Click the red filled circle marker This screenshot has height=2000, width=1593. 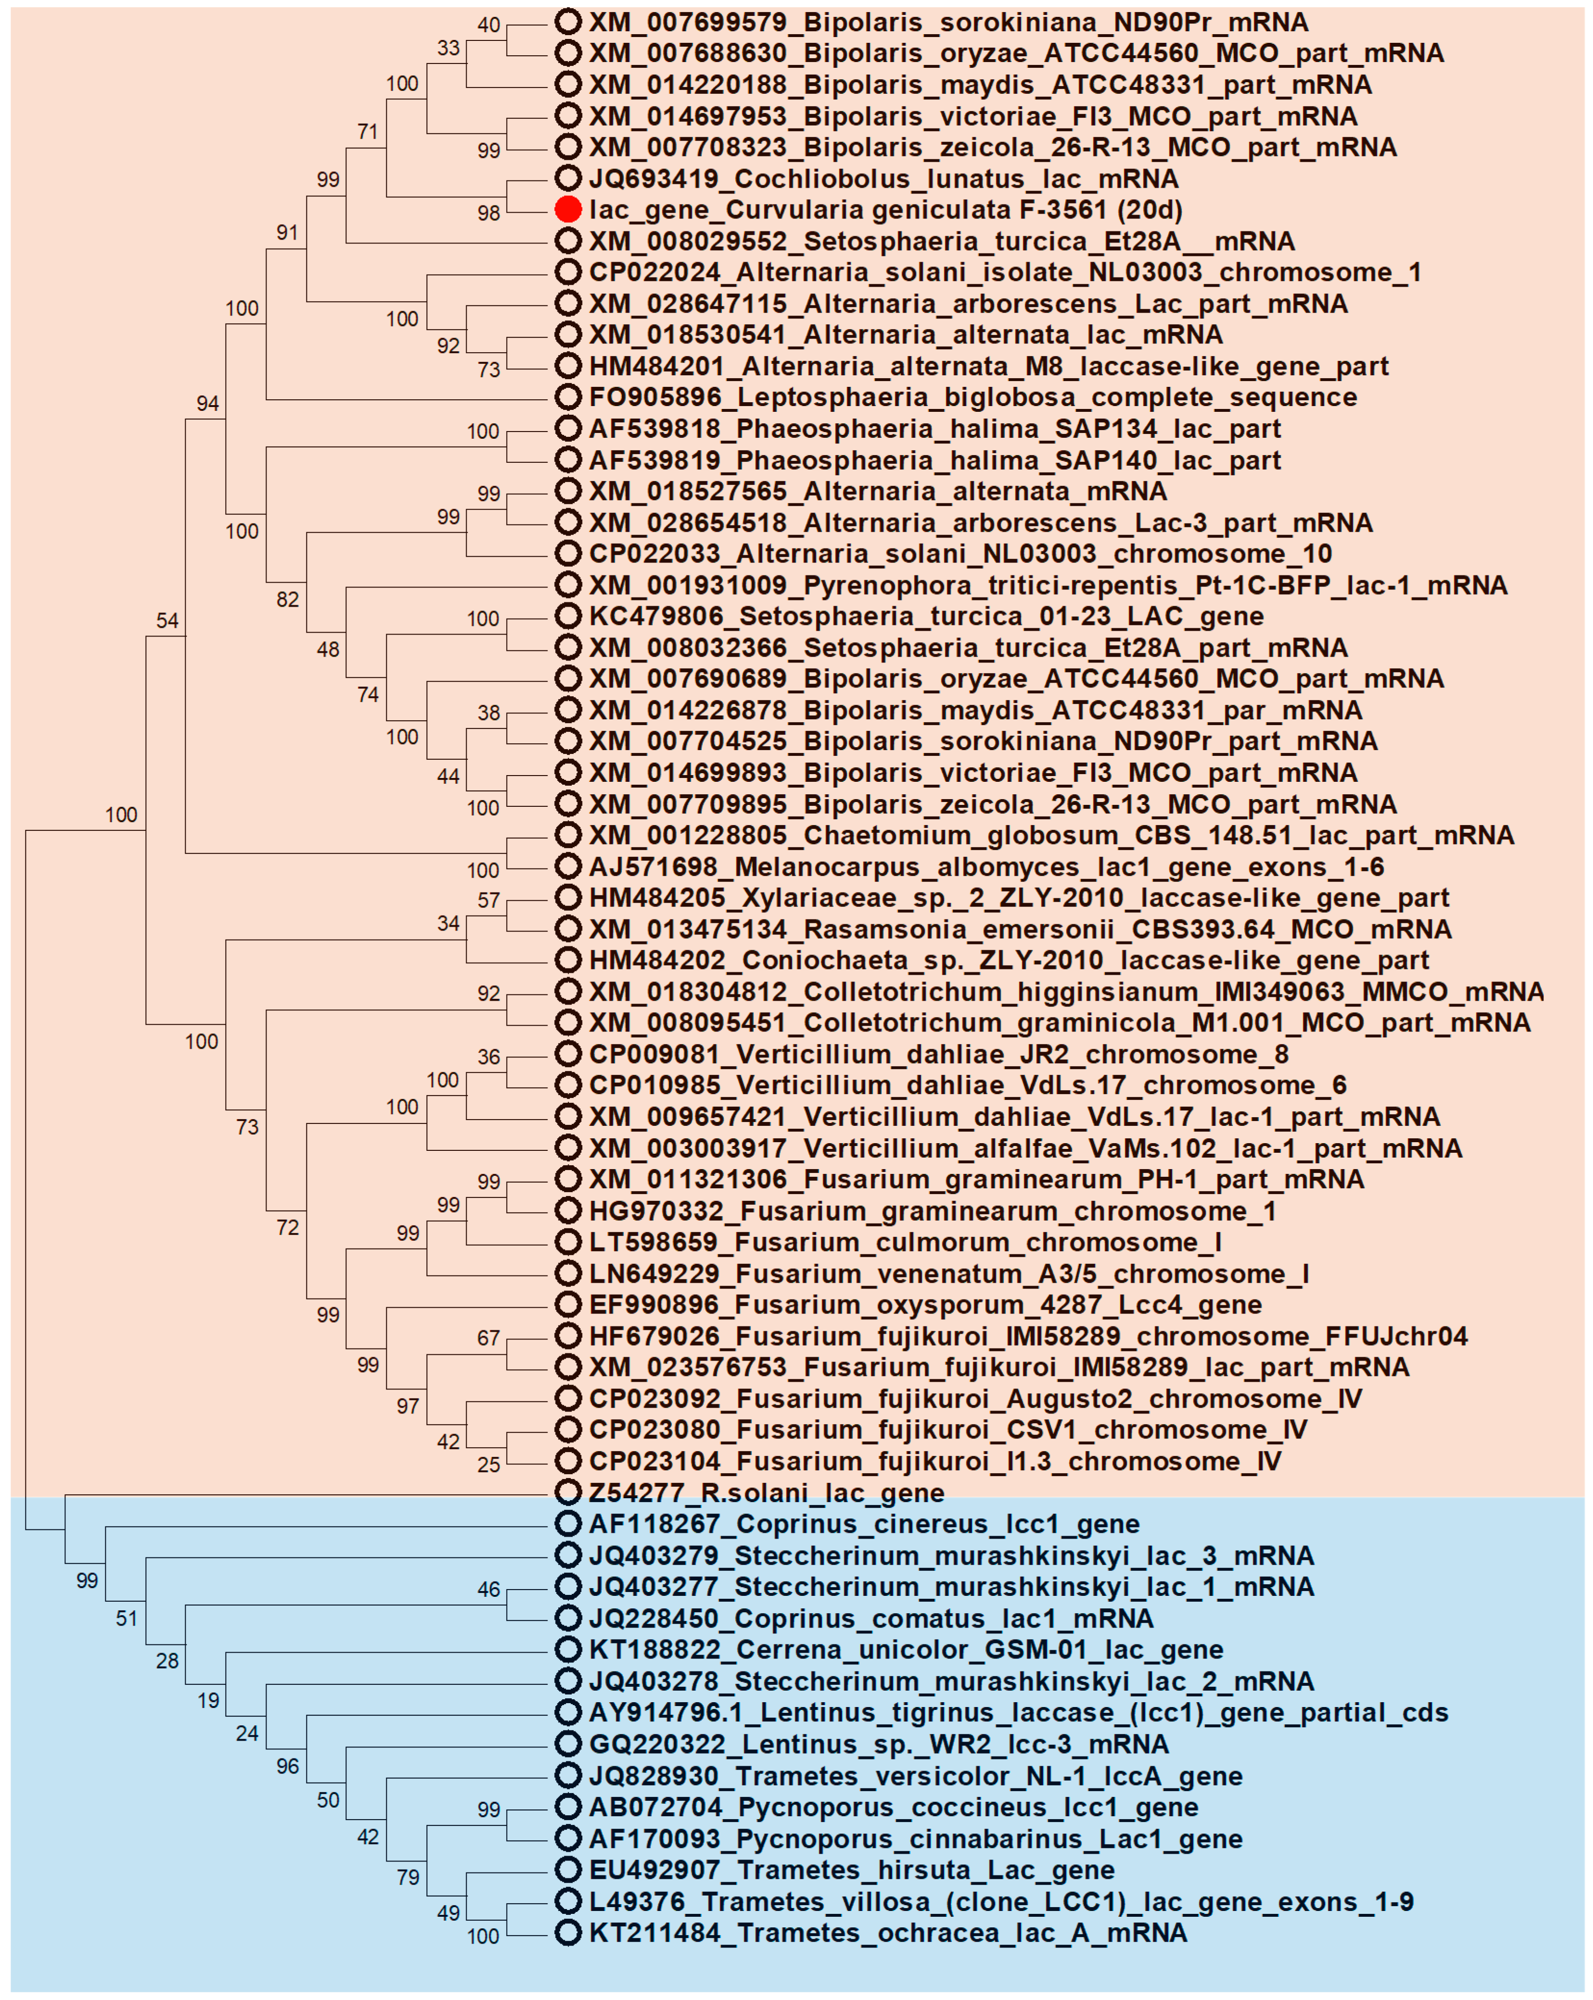568,210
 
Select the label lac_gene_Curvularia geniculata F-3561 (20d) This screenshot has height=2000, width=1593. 885,210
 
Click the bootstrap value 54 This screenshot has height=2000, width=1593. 167,621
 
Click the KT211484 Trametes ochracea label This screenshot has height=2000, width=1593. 887,1932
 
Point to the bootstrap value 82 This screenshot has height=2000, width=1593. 288,599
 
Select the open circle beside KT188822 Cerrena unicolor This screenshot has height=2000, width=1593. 568,1649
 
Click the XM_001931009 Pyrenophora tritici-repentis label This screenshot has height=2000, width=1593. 1047,586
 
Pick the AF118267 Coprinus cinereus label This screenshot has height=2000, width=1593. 864,1524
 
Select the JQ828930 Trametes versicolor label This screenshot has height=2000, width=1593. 915,1775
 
